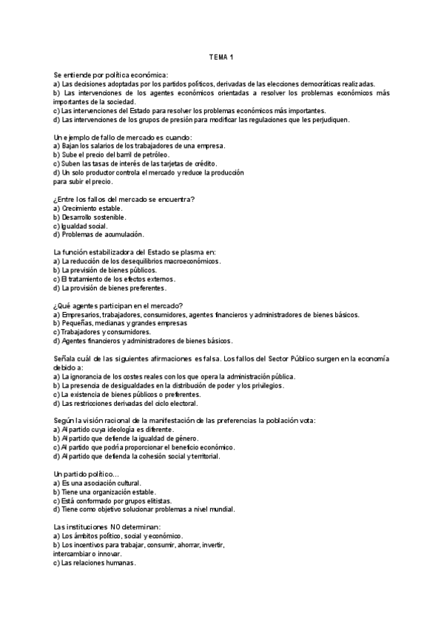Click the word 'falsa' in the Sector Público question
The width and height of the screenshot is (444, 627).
225,359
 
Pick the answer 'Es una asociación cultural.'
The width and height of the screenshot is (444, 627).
101,483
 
